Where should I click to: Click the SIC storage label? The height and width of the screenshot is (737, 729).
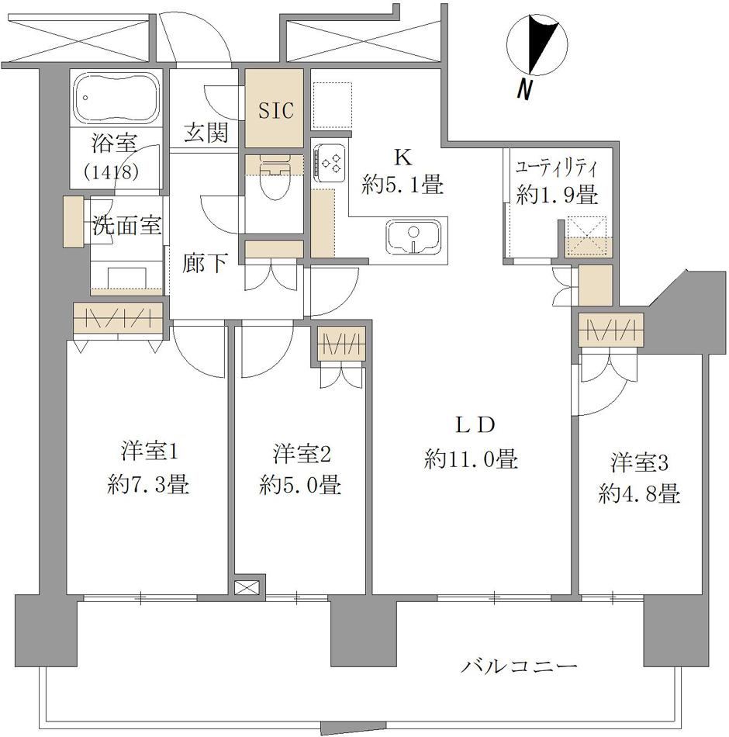(276, 110)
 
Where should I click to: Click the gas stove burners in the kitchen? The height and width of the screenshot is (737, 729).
(330, 161)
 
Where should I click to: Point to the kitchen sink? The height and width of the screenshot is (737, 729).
(413, 235)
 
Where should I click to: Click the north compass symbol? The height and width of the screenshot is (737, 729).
(537, 46)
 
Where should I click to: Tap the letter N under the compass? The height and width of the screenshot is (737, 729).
(523, 88)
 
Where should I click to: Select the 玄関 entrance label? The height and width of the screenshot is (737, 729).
(206, 133)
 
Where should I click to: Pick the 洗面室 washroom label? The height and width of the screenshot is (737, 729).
(126, 225)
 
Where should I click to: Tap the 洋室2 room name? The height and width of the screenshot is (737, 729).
(302, 455)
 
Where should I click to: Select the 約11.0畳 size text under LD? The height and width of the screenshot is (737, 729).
(471, 458)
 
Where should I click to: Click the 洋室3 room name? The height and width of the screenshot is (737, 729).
(639, 463)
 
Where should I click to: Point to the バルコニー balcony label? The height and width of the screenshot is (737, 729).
(518, 666)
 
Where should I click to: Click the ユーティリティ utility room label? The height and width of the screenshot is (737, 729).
(557, 168)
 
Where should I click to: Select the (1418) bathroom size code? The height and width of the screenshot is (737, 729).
(112, 172)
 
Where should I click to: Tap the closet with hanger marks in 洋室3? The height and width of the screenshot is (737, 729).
(610, 330)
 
